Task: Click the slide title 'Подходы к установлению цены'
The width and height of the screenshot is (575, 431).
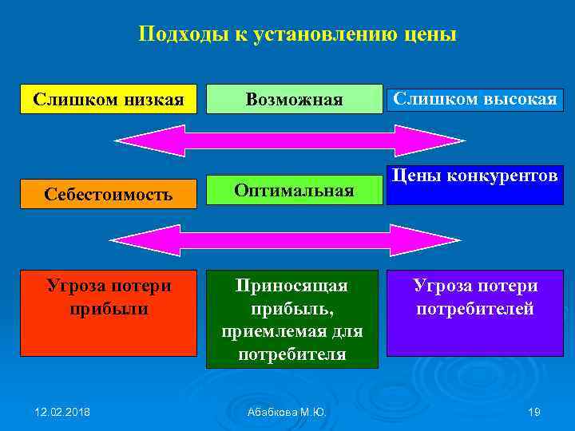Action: click(x=297, y=34)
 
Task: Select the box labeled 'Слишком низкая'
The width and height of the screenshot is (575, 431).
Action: click(x=108, y=99)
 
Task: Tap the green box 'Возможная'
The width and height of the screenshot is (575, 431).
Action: click(x=294, y=99)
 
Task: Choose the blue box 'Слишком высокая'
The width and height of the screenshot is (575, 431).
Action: click(x=475, y=98)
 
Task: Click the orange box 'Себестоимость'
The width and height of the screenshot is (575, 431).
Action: click(x=108, y=194)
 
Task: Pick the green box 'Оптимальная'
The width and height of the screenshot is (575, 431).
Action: click(x=294, y=190)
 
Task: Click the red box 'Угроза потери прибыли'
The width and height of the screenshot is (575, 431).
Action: click(x=108, y=313)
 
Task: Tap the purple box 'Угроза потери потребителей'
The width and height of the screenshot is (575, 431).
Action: click(x=475, y=313)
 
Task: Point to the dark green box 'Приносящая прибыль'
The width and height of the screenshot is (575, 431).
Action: click(x=292, y=319)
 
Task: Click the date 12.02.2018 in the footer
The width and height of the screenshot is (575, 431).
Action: click(x=62, y=412)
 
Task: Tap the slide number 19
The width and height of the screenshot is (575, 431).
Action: click(x=534, y=412)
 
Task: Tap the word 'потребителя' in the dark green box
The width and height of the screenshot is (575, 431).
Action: click(x=292, y=354)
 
